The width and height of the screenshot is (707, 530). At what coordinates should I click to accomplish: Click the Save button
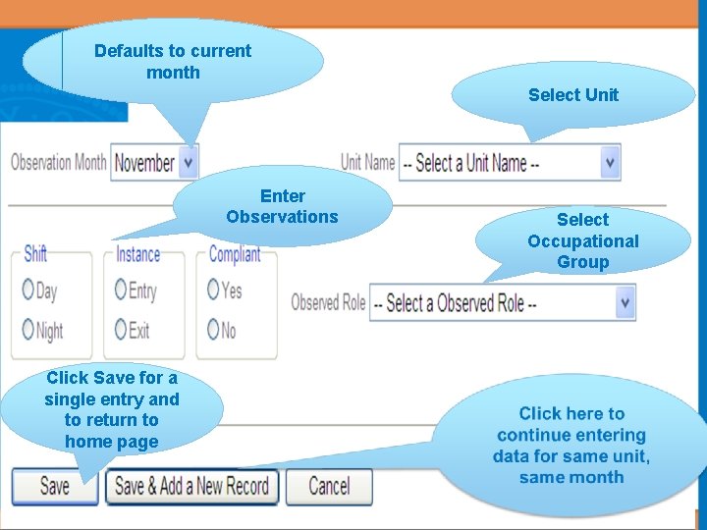(x=54, y=486)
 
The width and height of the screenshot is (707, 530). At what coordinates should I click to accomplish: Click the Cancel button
(x=329, y=486)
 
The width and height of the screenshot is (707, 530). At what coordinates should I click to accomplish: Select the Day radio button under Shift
(x=27, y=291)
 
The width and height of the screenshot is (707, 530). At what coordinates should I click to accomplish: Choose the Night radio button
(x=27, y=330)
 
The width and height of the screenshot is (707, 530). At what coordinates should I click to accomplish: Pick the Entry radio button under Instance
(x=121, y=291)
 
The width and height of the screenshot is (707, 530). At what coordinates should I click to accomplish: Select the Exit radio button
(x=121, y=330)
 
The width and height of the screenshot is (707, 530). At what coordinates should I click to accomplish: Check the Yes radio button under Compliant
(x=213, y=291)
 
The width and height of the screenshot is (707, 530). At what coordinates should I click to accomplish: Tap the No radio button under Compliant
(x=213, y=330)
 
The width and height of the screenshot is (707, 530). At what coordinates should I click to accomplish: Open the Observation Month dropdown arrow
(x=189, y=162)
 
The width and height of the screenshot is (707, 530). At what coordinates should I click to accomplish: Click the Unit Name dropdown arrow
(x=610, y=162)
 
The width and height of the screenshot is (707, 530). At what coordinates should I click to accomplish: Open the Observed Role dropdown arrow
(x=625, y=302)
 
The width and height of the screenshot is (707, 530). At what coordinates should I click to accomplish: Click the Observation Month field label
(x=58, y=162)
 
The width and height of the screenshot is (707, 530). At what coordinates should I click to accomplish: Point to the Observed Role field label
(x=328, y=302)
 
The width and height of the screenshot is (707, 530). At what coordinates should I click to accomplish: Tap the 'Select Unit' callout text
(x=573, y=95)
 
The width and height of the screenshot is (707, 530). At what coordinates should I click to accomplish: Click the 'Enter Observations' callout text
(x=282, y=206)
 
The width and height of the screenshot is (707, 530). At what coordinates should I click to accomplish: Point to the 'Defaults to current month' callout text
(x=173, y=61)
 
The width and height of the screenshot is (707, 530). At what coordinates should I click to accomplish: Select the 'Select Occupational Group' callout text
(x=583, y=240)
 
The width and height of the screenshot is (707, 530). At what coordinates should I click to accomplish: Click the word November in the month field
(x=145, y=163)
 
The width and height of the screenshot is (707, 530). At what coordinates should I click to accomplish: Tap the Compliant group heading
(x=235, y=254)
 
